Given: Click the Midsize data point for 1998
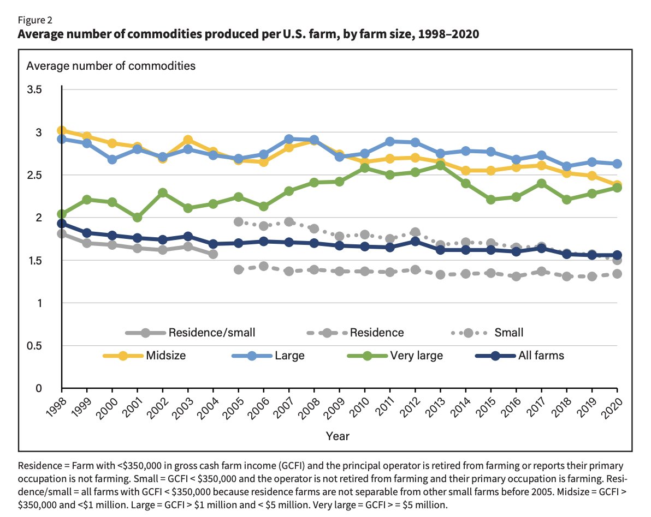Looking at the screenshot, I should [62, 130].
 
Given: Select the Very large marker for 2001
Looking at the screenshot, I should [138, 217].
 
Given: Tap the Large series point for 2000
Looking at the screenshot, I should [113, 159].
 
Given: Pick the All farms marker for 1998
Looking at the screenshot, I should [62, 224].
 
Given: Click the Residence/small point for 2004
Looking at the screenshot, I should [213, 254].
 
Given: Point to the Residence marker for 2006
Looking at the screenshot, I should [264, 266].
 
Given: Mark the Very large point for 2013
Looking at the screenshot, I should [440, 165].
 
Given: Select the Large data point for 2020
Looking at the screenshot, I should [617, 164].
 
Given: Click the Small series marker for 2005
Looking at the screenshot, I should [239, 221].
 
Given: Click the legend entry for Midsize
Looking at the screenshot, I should [145, 356].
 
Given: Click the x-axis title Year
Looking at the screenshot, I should [338, 436].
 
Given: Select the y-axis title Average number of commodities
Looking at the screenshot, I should [111, 67].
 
